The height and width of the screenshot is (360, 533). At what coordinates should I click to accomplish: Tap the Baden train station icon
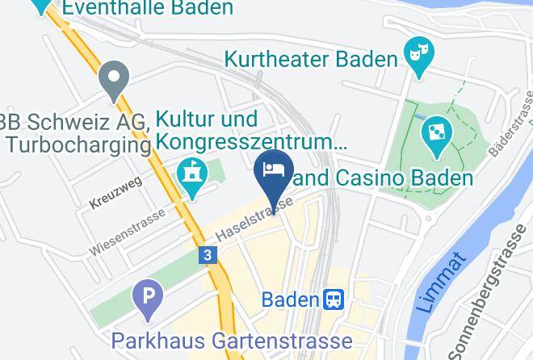click(x=334, y=300)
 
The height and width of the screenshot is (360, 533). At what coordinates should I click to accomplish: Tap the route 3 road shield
click(x=208, y=255)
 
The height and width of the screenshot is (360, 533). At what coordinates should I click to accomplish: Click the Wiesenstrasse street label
click(x=127, y=232)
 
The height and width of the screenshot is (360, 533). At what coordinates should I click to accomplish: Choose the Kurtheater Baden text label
click(x=312, y=59)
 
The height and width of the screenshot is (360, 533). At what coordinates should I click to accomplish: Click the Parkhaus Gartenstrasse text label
click(x=232, y=340)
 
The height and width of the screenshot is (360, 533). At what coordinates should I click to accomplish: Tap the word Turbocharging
click(x=78, y=144)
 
